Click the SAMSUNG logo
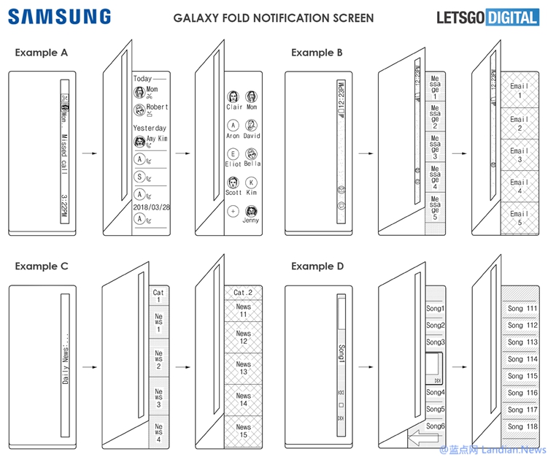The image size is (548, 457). click(x=60, y=16)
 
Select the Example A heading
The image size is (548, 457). click(x=42, y=52)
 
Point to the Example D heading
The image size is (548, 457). click(x=317, y=266)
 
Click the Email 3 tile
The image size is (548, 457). click(x=519, y=155)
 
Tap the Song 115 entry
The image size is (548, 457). click(x=522, y=375)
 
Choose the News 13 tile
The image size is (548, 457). click(x=243, y=368)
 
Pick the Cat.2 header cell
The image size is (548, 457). click(x=243, y=293)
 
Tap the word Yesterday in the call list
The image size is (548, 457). click(x=149, y=128)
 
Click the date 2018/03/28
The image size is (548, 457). click(x=150, y=207)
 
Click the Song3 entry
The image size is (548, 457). click(x=436, y=342)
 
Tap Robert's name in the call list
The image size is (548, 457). click(x=156, y=107)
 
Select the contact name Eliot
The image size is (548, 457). click(x=234, y=164)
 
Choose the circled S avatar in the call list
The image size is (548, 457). click(x=139, y=176)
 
